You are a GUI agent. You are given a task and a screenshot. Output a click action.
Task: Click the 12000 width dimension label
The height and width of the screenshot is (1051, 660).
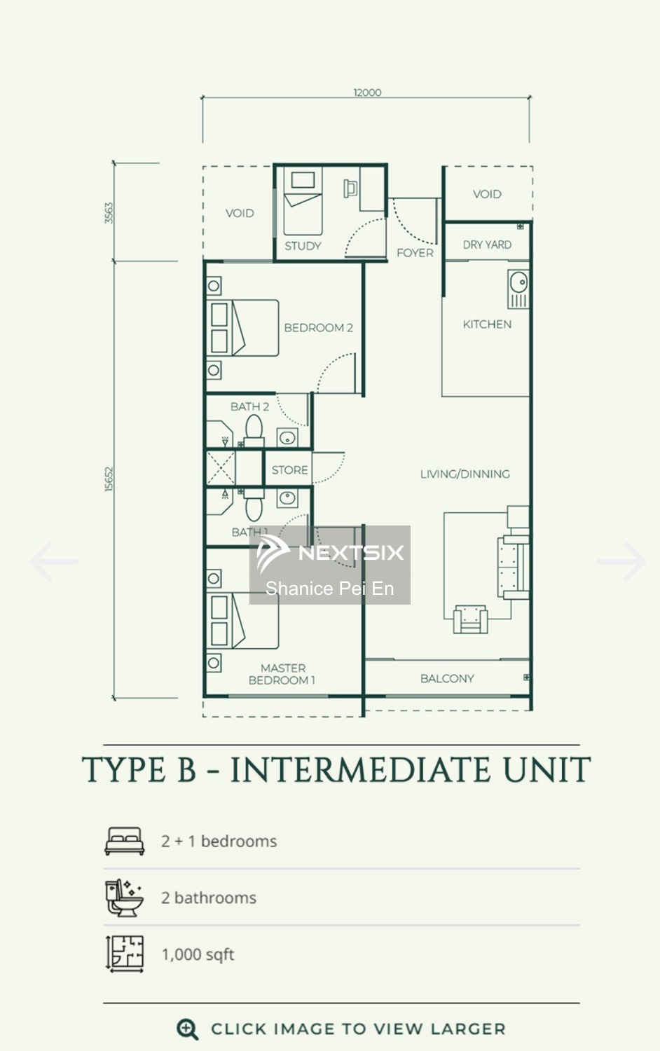point(367,92)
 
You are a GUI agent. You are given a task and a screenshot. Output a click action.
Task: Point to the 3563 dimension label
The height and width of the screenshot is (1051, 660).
point(109,213)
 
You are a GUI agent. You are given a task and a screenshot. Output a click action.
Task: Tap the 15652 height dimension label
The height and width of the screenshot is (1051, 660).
point(109,479)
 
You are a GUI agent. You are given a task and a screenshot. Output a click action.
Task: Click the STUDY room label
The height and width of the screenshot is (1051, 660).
point(303,246)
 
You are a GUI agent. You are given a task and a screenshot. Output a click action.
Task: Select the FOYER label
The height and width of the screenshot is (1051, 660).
point(415,253)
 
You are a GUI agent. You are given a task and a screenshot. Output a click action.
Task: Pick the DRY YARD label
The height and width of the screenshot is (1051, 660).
point(487,245)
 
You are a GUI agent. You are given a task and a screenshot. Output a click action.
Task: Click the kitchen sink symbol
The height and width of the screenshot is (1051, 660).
point(518,289)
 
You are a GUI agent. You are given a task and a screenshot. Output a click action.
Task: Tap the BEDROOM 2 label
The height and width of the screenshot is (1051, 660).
point(319,327)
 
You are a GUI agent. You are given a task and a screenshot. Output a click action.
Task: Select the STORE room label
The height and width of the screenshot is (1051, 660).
point(290,469)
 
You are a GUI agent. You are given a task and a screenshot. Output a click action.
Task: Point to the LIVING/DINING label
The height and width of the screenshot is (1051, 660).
point(465,474)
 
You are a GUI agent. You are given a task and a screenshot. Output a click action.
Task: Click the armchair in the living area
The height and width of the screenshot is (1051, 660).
point(471,619)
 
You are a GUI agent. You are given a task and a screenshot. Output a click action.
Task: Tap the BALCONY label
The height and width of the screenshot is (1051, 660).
point(447,678)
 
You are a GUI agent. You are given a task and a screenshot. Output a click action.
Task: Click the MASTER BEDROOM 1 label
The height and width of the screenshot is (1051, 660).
point(282,674)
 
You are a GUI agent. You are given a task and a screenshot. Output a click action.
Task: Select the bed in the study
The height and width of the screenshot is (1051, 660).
point(303,201)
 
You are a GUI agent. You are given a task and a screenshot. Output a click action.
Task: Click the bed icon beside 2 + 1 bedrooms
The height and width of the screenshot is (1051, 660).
point(124,841)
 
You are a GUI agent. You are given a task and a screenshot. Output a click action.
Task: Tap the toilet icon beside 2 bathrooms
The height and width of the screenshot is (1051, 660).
point(124,898)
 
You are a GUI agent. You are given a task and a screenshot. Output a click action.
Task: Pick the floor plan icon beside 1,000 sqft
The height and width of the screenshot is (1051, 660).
point(124,954)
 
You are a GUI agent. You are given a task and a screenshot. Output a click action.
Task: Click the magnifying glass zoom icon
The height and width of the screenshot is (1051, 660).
point(187,1029)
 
